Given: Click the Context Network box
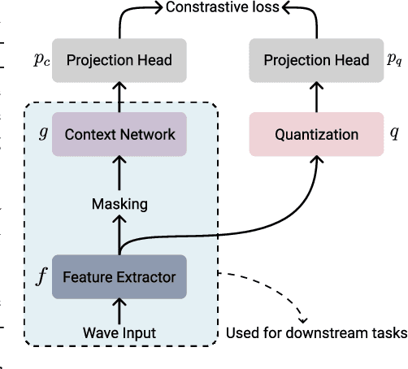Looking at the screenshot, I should (x=119, y=134).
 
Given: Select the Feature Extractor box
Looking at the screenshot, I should (x=119, y=277).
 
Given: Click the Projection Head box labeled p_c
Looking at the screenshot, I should (x=119, y=61).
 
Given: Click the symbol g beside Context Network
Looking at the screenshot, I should (x=43, y=132).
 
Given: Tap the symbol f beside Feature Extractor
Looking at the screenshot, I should (x=42, y=276).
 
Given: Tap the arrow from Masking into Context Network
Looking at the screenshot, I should (x=119, y=175).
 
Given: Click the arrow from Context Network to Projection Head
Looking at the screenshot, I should (x=119, y=98).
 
